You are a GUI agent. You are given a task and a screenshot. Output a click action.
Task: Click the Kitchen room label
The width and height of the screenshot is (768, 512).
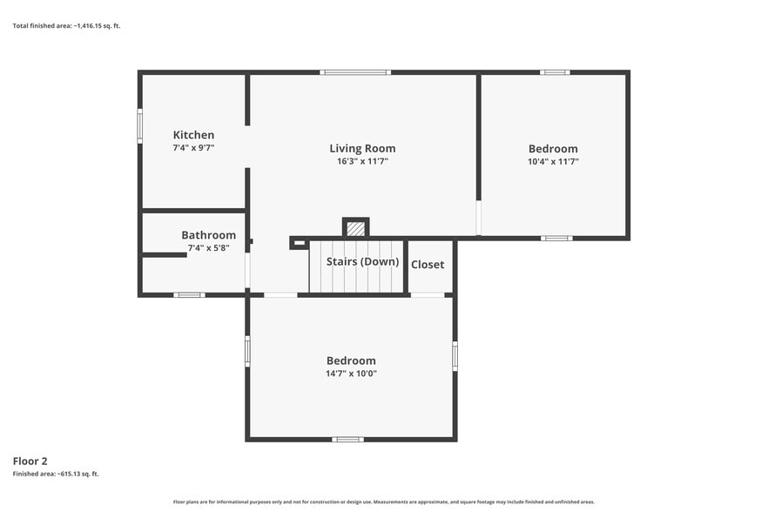click(193, 135)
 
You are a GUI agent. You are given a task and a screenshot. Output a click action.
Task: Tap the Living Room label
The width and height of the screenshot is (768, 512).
click(362, 148)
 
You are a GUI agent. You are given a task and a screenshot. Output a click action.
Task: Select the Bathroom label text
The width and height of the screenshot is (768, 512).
click(209, 235)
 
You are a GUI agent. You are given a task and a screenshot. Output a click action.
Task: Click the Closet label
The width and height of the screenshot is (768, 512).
click(428, 265)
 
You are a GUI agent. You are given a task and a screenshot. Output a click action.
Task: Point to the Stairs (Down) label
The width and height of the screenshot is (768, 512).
click(362, 261)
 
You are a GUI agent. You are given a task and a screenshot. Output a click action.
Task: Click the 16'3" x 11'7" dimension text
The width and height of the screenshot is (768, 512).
click(362, 161)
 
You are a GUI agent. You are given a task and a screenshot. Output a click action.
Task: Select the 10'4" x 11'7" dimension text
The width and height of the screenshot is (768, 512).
click(553, 162)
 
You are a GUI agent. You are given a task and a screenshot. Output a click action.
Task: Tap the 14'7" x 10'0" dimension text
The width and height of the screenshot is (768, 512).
click(351, 374)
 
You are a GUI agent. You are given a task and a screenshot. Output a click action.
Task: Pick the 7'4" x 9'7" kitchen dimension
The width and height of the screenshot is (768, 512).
click(193, 147)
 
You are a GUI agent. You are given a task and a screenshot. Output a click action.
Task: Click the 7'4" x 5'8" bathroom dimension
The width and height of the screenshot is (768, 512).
click(209, 248)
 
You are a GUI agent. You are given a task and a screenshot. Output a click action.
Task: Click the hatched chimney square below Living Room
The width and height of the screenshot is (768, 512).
click(355, 229)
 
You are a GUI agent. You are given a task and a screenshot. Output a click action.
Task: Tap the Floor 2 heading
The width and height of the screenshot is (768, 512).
click(30, 461)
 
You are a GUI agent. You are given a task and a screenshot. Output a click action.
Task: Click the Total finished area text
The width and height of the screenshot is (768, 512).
click(66, 26)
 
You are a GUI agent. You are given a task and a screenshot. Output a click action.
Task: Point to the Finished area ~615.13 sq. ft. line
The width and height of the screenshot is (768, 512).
click(56, 474)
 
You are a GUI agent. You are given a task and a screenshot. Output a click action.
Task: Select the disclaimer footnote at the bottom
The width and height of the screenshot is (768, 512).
click(383, 502)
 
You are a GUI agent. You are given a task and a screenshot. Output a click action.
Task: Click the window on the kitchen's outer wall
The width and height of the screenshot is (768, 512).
click(139, 126)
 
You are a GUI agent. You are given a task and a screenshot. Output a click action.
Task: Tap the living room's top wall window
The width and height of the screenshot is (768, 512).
click(355, 72)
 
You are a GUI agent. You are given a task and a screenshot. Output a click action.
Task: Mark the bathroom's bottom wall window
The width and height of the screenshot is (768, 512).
click(189, 295)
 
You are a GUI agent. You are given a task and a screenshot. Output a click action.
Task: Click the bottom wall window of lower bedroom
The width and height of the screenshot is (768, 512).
click(347, 440)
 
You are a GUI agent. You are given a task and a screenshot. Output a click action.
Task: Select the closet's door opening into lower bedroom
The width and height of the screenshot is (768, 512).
click(427, 295)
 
